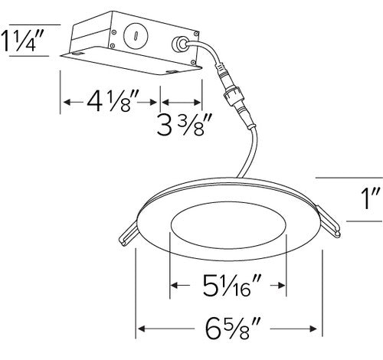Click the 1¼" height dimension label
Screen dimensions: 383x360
(x=21, y=41)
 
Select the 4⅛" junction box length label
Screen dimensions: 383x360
(x=113, y=102)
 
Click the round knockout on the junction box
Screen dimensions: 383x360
(x=136, y=35)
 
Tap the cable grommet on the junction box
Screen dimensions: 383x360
(x=181, y=44)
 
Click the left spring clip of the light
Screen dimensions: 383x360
(x=129, y=234)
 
